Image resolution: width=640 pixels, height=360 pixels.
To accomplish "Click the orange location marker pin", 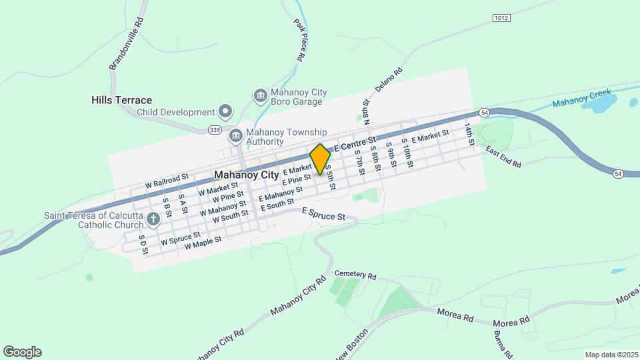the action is pyautogui.click(x=320, y=159).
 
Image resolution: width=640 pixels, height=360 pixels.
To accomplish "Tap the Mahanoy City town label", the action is pyautogui.click(x=247, y=175).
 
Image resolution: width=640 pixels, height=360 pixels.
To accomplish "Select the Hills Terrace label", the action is pyautogui.click(x=121, y=100).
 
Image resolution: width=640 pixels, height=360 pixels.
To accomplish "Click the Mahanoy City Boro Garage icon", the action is pyautogui.click(x=260, y=97).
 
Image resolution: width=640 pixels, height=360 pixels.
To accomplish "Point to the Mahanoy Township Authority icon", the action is pyautogui.click(x=235, y=137).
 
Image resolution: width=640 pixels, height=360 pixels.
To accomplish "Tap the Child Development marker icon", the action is pyautogui.click(x=225, y=112).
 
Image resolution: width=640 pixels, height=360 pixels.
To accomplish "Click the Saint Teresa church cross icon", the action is pyautogui.click(x=153, y=219).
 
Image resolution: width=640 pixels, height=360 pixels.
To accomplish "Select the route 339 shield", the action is pyautogui.click(x=214, y=129).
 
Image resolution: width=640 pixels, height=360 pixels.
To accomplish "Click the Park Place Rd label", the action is pyautogui.click(x=299, y=40).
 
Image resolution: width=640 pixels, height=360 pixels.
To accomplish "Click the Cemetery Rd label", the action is pyautogui.click(x=355, y=275).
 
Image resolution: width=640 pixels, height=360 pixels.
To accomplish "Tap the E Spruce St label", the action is pyautogui.click(x=323, y=214).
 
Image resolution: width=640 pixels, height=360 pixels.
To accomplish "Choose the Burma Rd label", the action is pyautogui.click(x=503, y=344).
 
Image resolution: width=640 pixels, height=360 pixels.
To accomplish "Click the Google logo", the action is pyautogui.click(x=22, y=352).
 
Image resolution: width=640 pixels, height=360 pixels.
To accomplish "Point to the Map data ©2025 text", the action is pyautogui.click(x=611, y=355).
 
